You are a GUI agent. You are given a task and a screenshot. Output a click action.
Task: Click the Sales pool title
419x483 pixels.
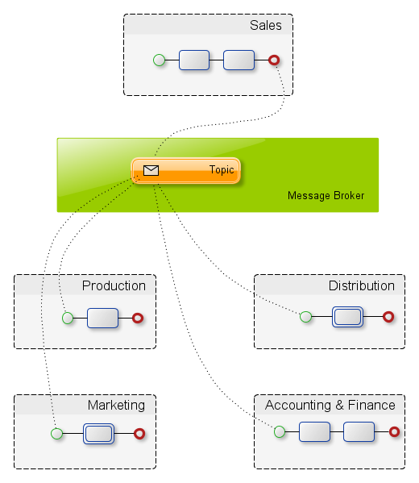(266, 25)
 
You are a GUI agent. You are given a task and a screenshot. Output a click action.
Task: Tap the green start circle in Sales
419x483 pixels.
(159, 60)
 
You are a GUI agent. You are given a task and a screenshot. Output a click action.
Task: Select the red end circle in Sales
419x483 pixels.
(274, 60)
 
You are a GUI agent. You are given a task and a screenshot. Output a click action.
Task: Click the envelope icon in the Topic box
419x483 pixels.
(151, 170)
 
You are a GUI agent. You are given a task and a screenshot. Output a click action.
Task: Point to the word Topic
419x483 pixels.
(222, 169)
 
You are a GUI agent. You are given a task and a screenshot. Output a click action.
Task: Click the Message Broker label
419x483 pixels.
(326, 196)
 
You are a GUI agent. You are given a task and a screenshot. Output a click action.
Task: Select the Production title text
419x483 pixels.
(114, 286)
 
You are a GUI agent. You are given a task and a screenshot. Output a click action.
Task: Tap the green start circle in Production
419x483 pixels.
(68, 318)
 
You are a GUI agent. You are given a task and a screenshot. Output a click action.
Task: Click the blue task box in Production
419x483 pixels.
(102, 318)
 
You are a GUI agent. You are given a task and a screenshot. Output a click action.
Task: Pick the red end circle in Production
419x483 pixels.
(138, 318)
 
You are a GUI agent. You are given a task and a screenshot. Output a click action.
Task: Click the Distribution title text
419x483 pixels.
(362, 286)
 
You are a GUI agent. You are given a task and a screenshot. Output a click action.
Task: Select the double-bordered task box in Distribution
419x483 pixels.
(347, 317)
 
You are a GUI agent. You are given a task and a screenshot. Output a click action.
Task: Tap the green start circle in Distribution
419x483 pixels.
(305, 317)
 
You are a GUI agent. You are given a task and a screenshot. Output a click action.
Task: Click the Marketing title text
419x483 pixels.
(116, 406)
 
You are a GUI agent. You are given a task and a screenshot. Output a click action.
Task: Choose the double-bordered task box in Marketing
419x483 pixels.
(98, 434)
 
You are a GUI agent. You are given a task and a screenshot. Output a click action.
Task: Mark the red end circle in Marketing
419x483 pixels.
(139, 434)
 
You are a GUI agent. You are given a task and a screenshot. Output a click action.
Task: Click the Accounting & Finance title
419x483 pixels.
(330, 405)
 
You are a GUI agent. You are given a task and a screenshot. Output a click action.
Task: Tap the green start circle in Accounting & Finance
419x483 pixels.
(280, 431)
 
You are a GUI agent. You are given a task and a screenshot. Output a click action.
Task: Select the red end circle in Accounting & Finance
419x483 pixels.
(394, 431)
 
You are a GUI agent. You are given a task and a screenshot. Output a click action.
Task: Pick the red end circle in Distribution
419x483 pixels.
(388, 317)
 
